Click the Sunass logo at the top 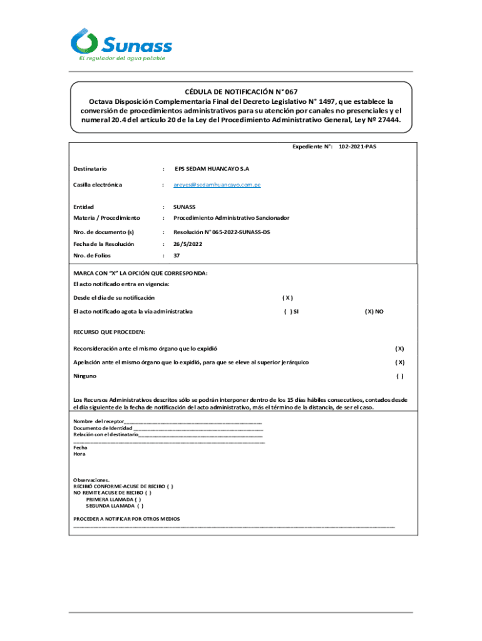point(121,44)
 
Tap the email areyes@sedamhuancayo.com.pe point(217,185)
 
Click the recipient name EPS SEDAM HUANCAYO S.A point(212,169)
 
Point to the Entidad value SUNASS point(185,206)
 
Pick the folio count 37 point(177,255)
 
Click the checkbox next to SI point(287,311)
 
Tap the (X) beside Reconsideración point(399,349)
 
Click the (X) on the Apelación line point(399,362)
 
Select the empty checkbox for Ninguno point(399,376)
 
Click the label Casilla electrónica point(98,185)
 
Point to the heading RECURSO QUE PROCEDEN point(109,331)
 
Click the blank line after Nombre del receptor point(194,421)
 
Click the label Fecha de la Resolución point(103,244)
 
